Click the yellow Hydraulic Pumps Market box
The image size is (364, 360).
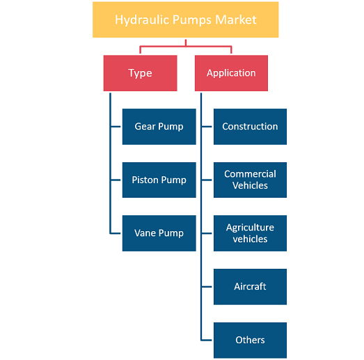(x=186, y=19)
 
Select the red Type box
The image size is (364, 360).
(x=140, y=73)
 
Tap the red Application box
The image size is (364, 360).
(x=231, y=73)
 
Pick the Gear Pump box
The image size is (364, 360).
(x=159, y=127)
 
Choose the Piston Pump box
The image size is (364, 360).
(x=159, y=180)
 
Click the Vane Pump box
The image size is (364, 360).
(x=159, y=233)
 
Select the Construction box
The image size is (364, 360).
(x=250, y=127)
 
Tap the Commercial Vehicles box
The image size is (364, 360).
(x=250, y=180)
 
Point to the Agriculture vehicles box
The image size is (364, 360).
(x=250, y=233)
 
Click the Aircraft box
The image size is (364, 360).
(x=250, y=287)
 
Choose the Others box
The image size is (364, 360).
(x=250, y=341)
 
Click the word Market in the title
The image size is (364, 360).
(x=236, y=19)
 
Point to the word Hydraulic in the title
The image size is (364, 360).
(x=142, y=20)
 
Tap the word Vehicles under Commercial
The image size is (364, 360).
(x=250, y=186)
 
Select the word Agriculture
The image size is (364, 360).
(x=250, y=228)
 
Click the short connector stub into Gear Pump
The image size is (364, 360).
(x=116, y=127)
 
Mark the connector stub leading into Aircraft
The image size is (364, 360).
(x=207, y=287)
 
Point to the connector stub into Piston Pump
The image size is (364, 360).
(x=116, y=180)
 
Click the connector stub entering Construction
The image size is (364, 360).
(x=207, y=127)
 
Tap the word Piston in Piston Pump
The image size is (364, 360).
(x=145, y=180)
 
